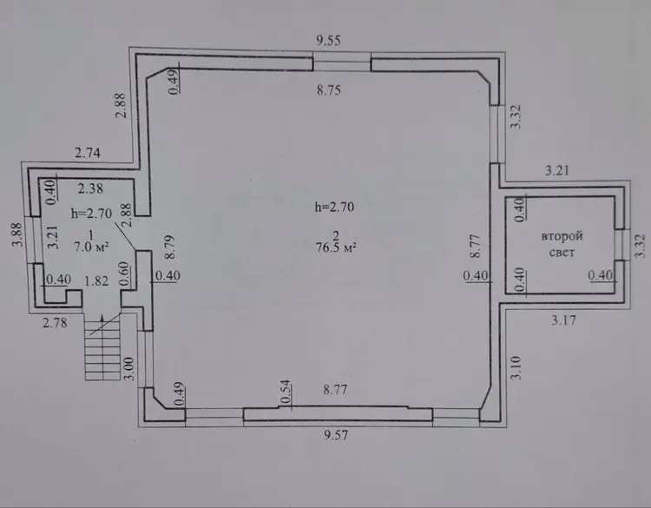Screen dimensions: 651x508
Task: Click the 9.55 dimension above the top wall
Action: pyautogui.click(x=328, y=40)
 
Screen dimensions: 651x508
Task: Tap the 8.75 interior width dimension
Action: pyautogui.click(x=329, y=89)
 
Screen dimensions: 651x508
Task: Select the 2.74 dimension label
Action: pyautogui.click(x=88, y=153)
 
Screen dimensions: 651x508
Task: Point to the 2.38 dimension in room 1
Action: pyautogui.click(x=90, y=188)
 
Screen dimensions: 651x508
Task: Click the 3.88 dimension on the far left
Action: pyautogui.click(x=17, y=235)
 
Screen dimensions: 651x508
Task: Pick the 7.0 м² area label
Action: pyautogui.click(x=91, y=247)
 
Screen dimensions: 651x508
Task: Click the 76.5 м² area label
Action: pyautogui.click(x=336, y=248)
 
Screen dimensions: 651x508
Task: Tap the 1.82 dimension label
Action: pyautogui.click(x=96, y=280)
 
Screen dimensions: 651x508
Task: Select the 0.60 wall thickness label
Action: pyautogui.click(x=124, y=274)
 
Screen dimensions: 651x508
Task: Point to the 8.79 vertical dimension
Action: pyautogui.click(x=169, y=247)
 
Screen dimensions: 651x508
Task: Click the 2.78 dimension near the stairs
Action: pyautogui.click(x=55, y=322)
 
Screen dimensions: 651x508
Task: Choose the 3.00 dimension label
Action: pyautogui.click(x=129, y=368)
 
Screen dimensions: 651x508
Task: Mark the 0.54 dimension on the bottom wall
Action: pyautogui.click(x=286, y=392)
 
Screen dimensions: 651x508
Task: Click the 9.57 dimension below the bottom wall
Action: pyautogui.click(x=335, y=435)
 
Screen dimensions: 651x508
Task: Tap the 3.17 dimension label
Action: pyautogui.click(x=563, y=320)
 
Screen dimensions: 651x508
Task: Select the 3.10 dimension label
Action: pyautogui.click(x=516, y=368)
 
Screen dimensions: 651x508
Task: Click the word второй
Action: pyautogui.click(x=562, y=236)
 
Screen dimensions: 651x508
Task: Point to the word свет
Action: pyautogui.click(x=562, y=253)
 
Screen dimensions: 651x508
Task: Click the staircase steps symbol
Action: pyautogui.click(x=103, y=346)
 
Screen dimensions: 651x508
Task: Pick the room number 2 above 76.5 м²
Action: pyautogui.click(x=336, y=236)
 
